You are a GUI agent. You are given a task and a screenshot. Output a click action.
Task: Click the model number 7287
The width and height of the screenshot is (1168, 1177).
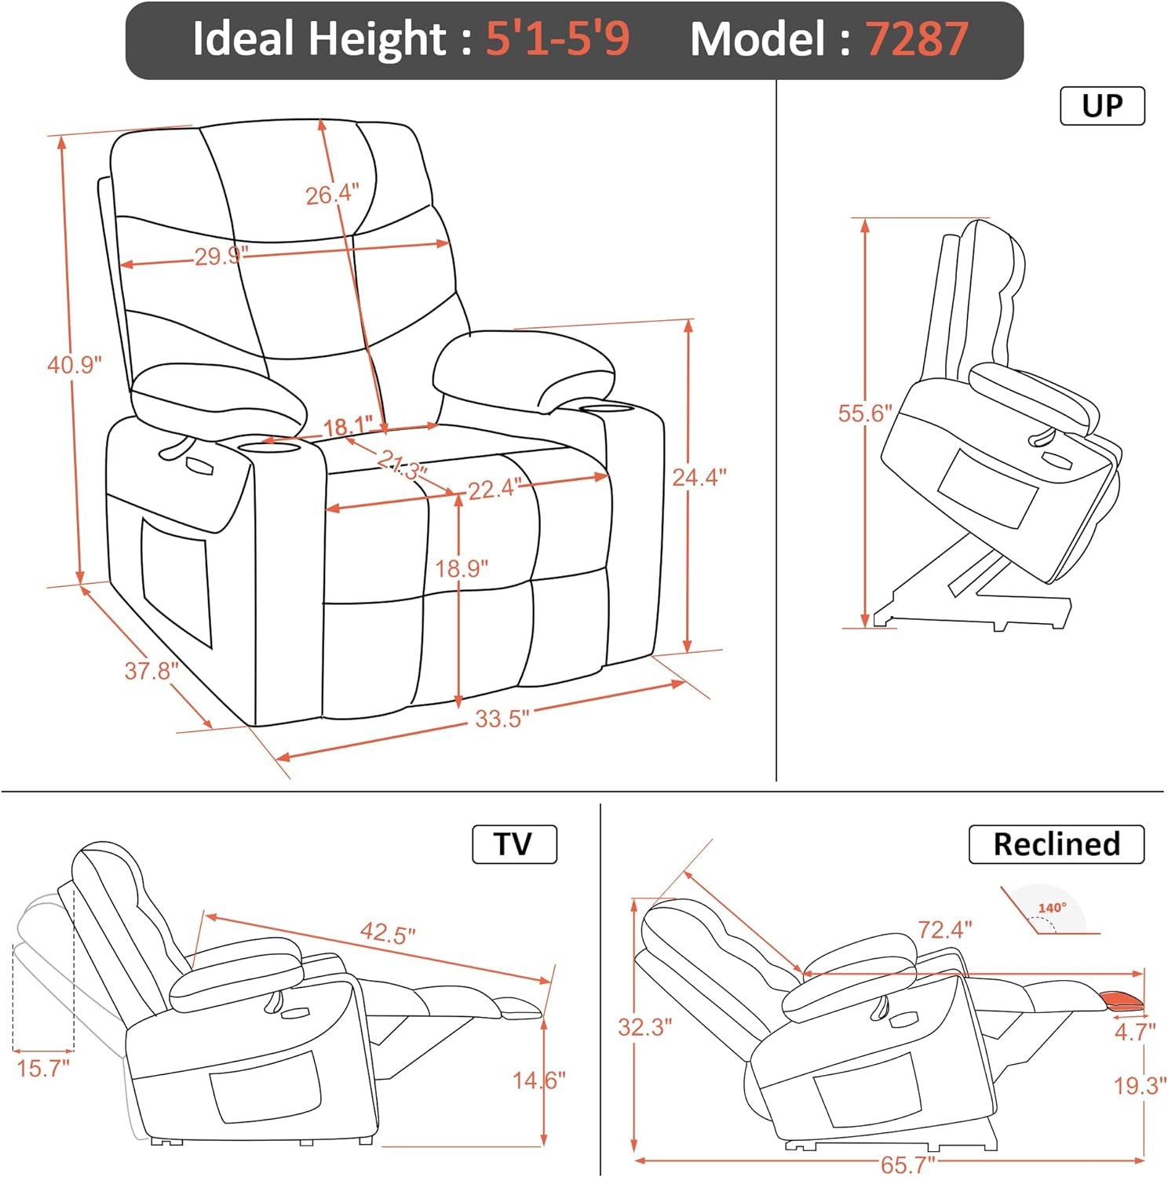point(917,39)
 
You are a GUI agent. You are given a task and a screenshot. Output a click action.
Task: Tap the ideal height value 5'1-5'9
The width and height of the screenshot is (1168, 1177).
point(557,39)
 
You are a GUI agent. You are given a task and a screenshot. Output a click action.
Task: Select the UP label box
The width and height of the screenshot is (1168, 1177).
point(1102,106)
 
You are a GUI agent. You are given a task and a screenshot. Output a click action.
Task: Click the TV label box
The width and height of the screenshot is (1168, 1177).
point(514,844)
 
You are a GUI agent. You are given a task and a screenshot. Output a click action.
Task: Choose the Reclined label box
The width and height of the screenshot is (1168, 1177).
point(1056,844)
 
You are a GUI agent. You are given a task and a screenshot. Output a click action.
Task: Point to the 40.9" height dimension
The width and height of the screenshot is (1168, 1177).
point(75,365)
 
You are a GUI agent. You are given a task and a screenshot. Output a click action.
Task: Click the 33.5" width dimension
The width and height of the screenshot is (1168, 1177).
point(502,719)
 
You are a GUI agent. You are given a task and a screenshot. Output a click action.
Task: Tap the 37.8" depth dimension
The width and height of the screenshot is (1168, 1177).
point(151,671)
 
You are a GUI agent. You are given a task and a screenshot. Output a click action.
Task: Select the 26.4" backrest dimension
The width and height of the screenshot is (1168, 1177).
point(332,194)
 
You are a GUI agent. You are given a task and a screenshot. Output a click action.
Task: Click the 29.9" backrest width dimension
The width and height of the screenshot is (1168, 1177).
point(221,256)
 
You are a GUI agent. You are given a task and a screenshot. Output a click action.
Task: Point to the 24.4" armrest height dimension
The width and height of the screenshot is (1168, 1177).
point(699,476)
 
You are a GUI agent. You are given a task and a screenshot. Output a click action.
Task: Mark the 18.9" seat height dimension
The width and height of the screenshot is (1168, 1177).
point(462,567)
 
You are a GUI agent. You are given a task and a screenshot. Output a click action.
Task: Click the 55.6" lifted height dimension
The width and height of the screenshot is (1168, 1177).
point(865,413)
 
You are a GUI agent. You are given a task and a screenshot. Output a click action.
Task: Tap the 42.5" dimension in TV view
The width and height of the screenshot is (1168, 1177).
point(388,934)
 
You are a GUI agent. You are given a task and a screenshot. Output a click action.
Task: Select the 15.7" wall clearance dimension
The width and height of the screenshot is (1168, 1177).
point(43,1068)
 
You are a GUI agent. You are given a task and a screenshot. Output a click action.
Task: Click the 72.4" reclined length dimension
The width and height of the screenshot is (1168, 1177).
point(945,930)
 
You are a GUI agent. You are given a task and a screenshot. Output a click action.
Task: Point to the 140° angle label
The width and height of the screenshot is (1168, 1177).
point(1052,908)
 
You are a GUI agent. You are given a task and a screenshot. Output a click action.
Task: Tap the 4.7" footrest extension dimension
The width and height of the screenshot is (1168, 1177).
point(1135,1032)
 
